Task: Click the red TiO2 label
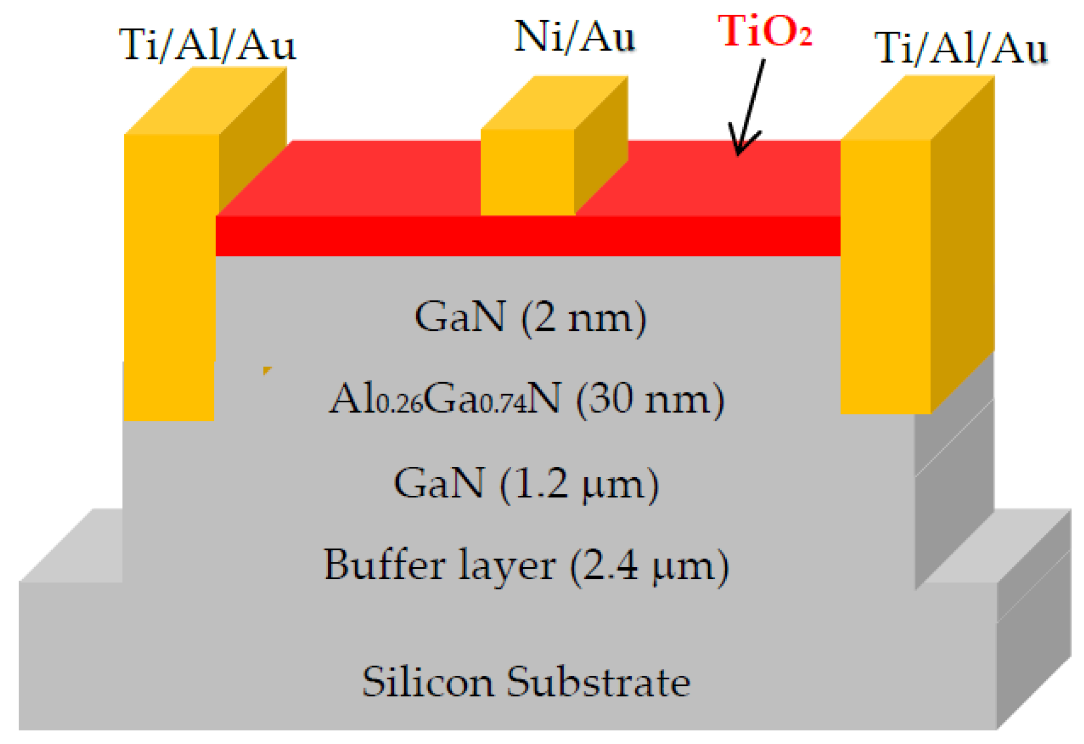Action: point(765,32)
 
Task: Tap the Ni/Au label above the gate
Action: point(574,37)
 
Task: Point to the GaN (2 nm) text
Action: point(530,317)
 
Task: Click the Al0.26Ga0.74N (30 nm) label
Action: point(527,399)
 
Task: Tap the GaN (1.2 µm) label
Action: point(526,483)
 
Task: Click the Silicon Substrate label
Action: point(526,682)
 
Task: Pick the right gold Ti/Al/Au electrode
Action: point(885,274)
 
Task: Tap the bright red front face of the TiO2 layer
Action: point(527,236)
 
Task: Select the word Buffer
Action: point(384,565)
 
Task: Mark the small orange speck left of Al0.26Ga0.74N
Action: point(267,370)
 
